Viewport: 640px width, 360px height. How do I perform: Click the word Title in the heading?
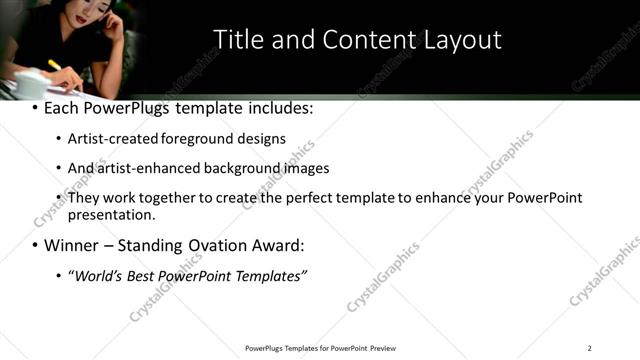pos(238,39)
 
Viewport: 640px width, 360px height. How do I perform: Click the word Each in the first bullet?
pos(62,107)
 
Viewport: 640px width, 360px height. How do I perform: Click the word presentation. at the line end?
pos(112,214)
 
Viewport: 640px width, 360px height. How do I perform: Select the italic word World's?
pos(96,275)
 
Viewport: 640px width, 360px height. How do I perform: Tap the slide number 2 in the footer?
pos(589,348)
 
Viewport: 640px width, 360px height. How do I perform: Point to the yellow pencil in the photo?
pos(56,66)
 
